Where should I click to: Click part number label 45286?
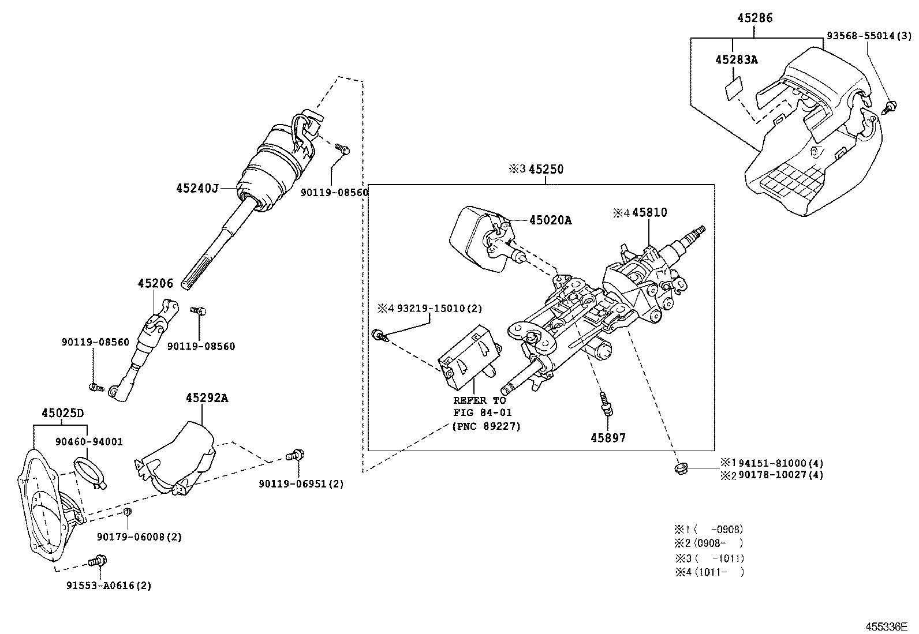(x=754, y=18)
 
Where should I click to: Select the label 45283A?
(x=736, y=59)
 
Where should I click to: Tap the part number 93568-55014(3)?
(x=869, y=36)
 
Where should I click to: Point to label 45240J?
(x=197, y=188)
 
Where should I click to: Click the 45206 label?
(x=155, y=283)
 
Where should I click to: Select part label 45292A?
(x=207, y=397)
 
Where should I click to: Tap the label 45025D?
(x=62, y=413)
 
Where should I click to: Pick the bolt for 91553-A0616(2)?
(x=98, y=560)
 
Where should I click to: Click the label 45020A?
(x=550, y=220)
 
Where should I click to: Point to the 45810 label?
(x=649, y=212)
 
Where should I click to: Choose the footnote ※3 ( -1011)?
(x=709, y=558)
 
